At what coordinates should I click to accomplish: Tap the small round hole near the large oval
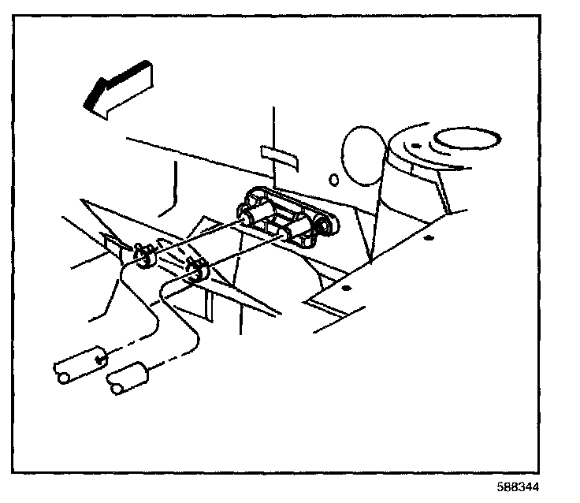[333, 178]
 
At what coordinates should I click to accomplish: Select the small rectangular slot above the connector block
[281, 153]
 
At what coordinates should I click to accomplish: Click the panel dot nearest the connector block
[344, 289]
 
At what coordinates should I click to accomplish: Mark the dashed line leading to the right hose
[169, 356]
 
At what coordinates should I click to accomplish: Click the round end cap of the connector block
[325, 227]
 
